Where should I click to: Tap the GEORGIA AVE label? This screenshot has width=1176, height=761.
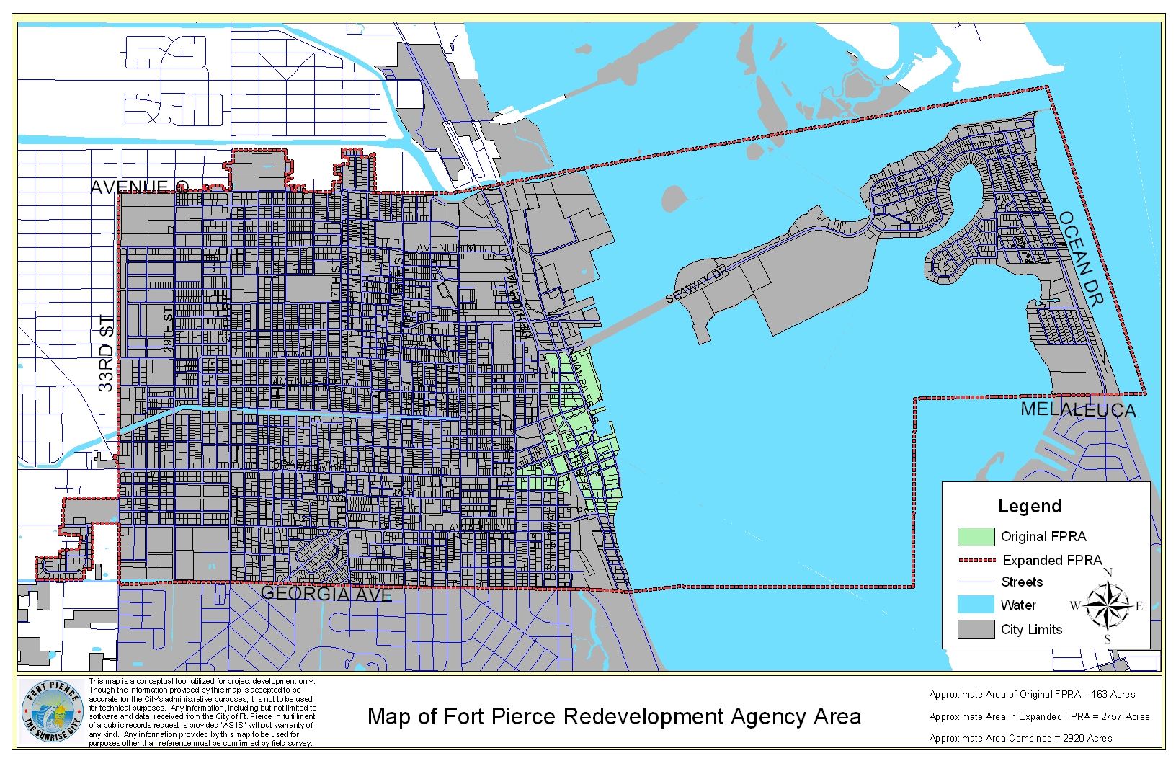326,594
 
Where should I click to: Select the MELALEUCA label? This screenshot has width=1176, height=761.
1078,410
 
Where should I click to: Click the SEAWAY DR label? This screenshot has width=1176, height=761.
698,286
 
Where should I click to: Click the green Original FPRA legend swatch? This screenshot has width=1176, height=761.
976,537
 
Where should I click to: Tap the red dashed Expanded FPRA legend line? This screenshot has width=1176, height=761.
976,560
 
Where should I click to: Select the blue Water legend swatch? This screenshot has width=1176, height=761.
976,605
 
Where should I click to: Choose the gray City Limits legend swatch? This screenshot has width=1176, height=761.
976,629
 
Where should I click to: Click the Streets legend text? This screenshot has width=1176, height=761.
1022,582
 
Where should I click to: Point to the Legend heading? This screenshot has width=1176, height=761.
1029,507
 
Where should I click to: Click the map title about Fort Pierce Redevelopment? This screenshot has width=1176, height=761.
614,717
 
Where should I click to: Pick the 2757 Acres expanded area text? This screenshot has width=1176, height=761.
1039,716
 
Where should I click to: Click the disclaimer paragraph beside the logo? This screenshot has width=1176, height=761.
202,712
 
